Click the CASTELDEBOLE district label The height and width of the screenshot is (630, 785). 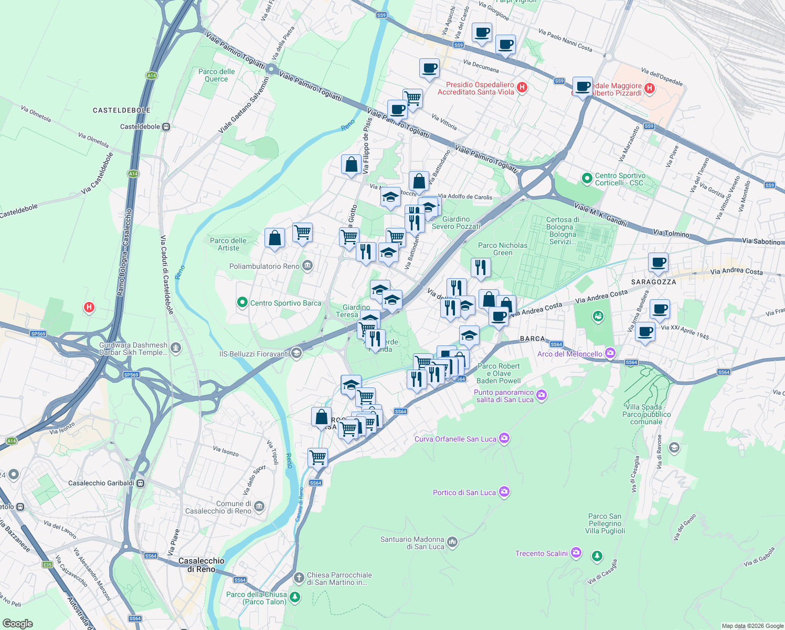pyautogui.click(x=121, y=110)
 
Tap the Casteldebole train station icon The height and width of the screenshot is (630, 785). pyautogui.click(x=166, y=127)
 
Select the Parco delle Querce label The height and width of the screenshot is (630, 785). pyautogui.click(x=216, y=75)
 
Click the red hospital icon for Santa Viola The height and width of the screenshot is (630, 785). pyautogui.click(x=522, y=88)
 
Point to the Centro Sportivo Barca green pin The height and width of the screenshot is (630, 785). pyautogui.click(x=242, y=302)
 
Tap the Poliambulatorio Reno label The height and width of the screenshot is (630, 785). pyautogui.click(x=264, y=266)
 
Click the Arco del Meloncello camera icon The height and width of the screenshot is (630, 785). pyautogui.click(x=610, y=353)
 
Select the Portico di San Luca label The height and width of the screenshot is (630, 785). pyautogui.click(x=464, y=492)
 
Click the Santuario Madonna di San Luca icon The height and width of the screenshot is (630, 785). pyautogui.click(x=452, y=542)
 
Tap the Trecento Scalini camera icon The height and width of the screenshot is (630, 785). pyautogui.click(x=576, y=553)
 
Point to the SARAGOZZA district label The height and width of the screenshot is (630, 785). pyautogui.click(x=653, y=282)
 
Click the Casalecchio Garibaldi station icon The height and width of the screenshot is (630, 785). pyautogui.click(x=141, y=483)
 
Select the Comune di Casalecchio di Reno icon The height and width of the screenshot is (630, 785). pyautogui.click(x=259, y=507)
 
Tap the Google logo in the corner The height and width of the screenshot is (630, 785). pyautogui.click(x=17, y=623)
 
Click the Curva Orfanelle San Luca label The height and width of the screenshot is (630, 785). pyautogui.click(x=455, y=439)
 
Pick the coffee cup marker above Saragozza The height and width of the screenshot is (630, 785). pyautogui.click(x=658, y=261)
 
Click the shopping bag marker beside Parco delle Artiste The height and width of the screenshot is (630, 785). pyautogui.click(x=274, y=238)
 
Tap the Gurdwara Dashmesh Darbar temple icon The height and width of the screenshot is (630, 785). pyautogui.click(x=176, y=348)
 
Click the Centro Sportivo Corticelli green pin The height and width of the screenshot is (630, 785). pyautogui.click(x=587, y=178)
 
